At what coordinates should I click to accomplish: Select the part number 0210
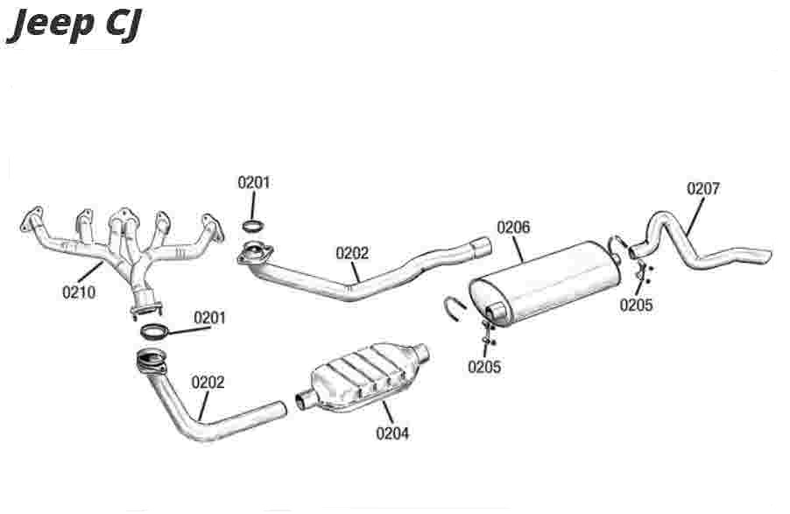(78, 292)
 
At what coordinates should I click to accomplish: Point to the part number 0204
(392, 432)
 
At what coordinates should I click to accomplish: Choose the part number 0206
(513, 228)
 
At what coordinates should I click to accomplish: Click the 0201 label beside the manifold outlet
(209, 317)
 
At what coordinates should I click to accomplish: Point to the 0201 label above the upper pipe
(254, 183)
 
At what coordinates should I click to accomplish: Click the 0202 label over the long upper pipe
(352, 253)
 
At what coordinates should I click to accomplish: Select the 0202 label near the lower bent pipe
(208, 382)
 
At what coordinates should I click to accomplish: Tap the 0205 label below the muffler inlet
(484, 367)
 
